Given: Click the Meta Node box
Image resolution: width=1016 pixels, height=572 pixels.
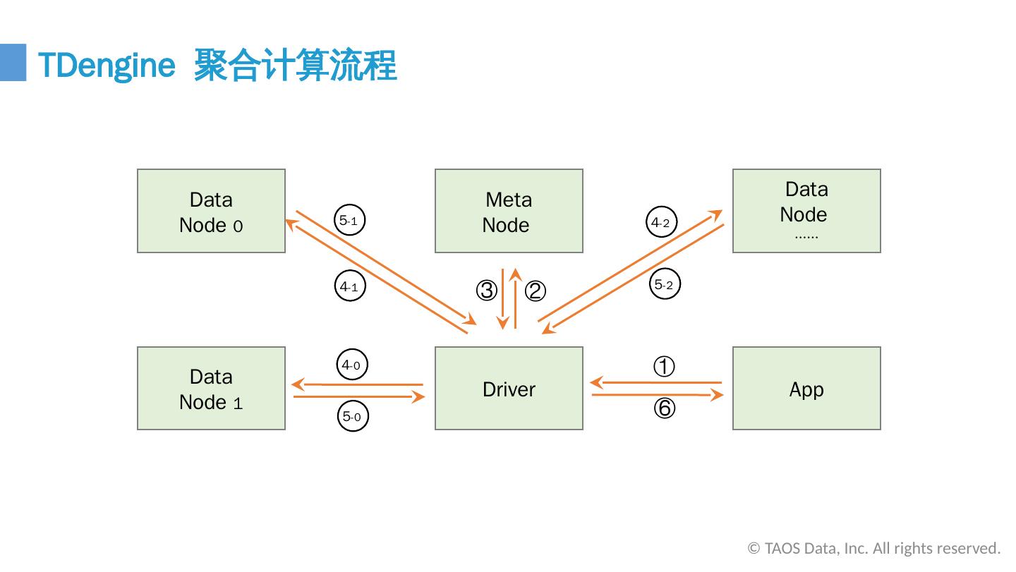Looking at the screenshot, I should [x=509, y=211].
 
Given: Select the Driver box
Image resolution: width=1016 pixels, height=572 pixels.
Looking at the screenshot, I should [x=509, y=389].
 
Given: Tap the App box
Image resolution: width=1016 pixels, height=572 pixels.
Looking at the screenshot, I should [x=806, y=389].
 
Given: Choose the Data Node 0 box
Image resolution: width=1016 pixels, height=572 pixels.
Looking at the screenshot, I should [x=211, y=211].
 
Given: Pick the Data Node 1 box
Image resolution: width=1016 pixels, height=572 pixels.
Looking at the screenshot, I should [x=211, y=389].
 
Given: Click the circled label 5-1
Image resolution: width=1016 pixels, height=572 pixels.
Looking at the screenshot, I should [x=349, y=221].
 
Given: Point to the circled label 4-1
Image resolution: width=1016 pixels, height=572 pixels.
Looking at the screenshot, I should [x=349, y=287].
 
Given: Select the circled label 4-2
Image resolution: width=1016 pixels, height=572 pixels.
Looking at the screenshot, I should [x=660, y=222].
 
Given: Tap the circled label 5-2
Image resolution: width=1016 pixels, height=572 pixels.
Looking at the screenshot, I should [x=664, y=285].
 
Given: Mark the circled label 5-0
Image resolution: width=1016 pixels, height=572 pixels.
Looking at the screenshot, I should [x=352, y=417].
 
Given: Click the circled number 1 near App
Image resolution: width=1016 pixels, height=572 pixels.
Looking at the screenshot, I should [x=664, y=367].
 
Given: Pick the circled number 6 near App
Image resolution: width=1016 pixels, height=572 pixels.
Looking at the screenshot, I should [x=664, y=409].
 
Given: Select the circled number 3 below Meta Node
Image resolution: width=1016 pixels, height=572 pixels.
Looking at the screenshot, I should [x=486, y=291].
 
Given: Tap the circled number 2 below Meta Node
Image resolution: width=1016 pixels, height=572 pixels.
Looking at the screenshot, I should [x=536, y=291].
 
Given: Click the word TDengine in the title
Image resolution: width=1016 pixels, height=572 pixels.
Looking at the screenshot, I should [x=106, y=66].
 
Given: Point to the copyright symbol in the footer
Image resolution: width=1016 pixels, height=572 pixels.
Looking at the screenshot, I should [x=754, y=549].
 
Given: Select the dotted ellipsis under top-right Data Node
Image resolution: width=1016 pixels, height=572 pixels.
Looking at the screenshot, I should [x=806, y=238].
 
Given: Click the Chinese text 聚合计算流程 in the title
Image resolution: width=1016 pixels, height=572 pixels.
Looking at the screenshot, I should [x=295, y=66].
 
